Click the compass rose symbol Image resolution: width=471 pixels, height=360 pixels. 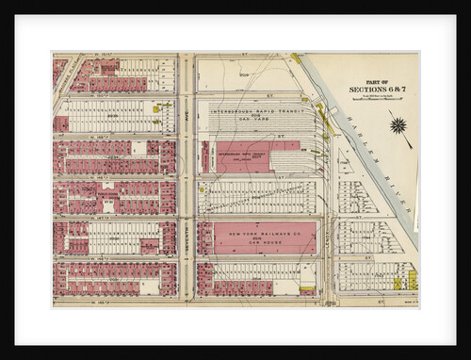[x=397, y=124]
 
